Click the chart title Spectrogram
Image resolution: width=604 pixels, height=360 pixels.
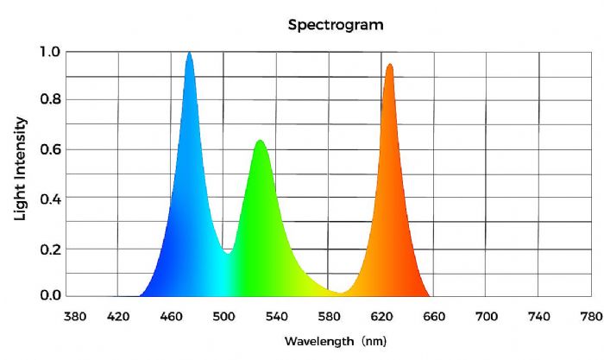(336, 25)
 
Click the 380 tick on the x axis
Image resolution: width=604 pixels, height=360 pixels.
(76, 316)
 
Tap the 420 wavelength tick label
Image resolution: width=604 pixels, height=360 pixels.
(117, 316)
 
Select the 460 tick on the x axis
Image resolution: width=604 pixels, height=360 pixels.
(171, 316)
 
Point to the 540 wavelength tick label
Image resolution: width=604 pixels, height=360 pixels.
(276, 316)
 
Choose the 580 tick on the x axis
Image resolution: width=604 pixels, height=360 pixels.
(329, 316)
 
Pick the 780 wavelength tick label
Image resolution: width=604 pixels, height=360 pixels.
(591, 316)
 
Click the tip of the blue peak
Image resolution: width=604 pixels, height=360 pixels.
(189, 53)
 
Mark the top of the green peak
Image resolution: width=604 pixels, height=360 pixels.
(258, 141)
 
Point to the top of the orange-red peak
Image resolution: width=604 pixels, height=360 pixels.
(390, 65)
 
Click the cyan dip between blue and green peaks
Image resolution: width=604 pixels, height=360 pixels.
(228, 253)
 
